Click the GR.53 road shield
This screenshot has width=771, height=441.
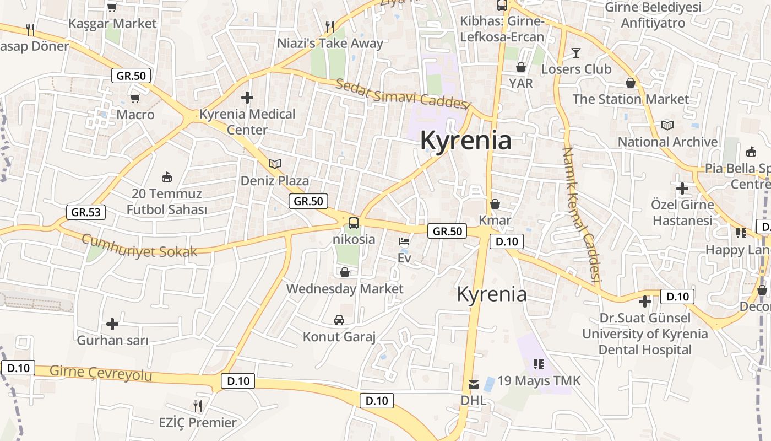point(85,212)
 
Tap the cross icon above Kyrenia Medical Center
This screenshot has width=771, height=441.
point(247,98)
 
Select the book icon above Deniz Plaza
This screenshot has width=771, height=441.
point(274,164)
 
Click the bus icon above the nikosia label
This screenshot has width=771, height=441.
point(354,223)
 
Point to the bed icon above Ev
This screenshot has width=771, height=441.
point(404,241)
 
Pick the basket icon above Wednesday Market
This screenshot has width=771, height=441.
point(345,272)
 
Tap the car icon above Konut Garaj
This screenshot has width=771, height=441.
point(339,320)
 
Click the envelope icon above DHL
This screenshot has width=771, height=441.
point(474,384)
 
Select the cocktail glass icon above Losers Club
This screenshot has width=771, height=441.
point(576,53)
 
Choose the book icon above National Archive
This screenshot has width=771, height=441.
point(667,125)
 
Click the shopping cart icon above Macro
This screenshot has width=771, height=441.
point(135,99)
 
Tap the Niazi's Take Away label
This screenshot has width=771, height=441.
point(330,44)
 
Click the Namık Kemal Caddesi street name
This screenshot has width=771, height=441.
point(580,215)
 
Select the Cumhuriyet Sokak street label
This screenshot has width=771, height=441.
point(139,246)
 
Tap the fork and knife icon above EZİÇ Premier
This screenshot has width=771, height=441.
point(198,406)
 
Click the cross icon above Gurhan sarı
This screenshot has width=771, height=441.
point(112,324)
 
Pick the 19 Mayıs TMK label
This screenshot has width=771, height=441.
point(539,381)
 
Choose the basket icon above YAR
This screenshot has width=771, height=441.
point(520,67)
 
